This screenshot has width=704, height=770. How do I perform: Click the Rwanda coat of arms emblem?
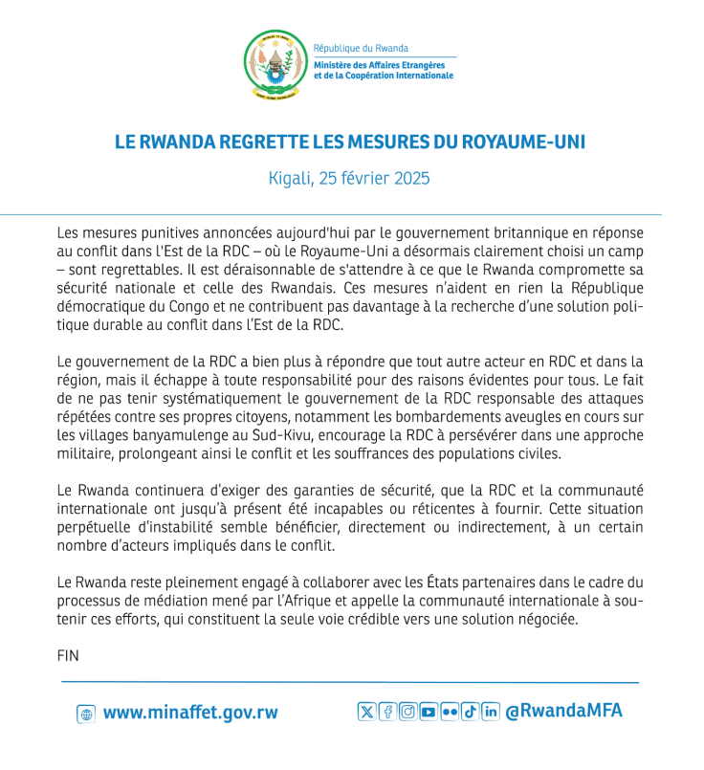pos(274,63)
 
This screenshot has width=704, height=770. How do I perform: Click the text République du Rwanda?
pos(361,48)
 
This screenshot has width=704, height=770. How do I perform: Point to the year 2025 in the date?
pos(409,178)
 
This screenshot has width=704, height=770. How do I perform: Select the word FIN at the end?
pos(68,656)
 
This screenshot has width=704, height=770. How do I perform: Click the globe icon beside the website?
pos(86,714)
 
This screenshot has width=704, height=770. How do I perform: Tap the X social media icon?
pos(366,711)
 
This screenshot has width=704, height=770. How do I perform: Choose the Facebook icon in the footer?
pos(387,711)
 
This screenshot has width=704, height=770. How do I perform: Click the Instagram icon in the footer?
pos(408,711)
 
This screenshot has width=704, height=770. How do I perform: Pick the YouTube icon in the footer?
pos(429,711)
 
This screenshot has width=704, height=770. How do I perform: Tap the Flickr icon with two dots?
pos(450,711)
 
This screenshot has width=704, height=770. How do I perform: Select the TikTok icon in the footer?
pos(470,711)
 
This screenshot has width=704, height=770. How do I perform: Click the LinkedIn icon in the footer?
pos(491,711)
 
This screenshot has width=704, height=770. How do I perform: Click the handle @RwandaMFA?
pos(563,711)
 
